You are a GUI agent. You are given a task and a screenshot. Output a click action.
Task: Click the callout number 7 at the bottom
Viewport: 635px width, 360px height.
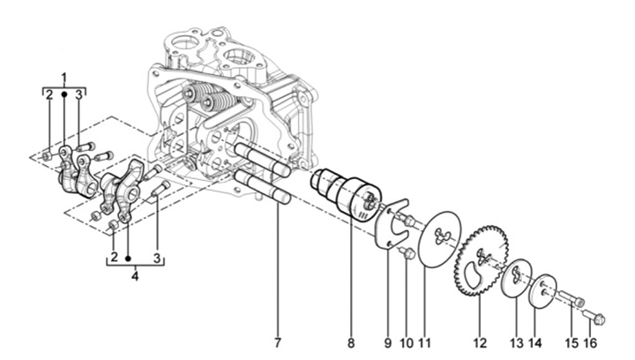[x=278, y=342]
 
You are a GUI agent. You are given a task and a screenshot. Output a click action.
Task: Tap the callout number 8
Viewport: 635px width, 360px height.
[x=351, y=342]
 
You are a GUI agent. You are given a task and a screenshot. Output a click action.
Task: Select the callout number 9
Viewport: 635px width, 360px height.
[x=388, y=342]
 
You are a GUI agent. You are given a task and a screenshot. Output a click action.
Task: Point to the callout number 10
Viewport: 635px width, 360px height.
[x=407, y=342]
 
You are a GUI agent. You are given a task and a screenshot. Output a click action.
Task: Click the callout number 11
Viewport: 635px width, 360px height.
[x=424, y=342]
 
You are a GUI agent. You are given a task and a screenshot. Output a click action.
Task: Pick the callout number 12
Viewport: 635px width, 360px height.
[x=480, y=342]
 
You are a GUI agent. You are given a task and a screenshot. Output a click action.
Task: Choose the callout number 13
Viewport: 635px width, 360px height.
[x=517, y=342]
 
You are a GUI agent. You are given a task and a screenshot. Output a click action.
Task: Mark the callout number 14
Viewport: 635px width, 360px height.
[x=535, y=342]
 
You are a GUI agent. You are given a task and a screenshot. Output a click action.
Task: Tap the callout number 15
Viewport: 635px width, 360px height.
[x=571, y=342]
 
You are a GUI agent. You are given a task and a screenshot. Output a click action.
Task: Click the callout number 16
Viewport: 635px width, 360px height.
[x=590, y=342]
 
